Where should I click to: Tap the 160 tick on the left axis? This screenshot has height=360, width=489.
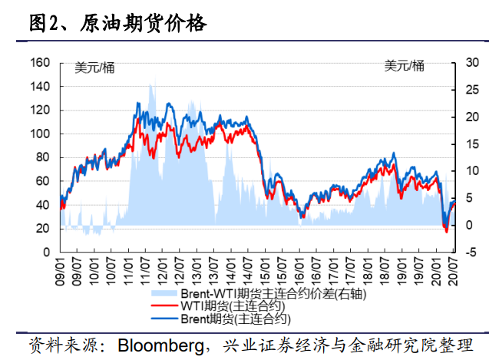pos(40,62)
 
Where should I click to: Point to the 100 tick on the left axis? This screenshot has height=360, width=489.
pos(40,134)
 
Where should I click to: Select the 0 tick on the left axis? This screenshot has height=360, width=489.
pos(46,252)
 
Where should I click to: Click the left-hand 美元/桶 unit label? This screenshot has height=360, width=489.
pos(94,67)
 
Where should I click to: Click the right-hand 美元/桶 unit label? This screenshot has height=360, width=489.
pos(404,67)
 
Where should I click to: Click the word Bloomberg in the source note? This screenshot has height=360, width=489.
pos(160,344)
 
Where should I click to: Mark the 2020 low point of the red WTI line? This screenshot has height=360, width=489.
pos(446,231)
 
